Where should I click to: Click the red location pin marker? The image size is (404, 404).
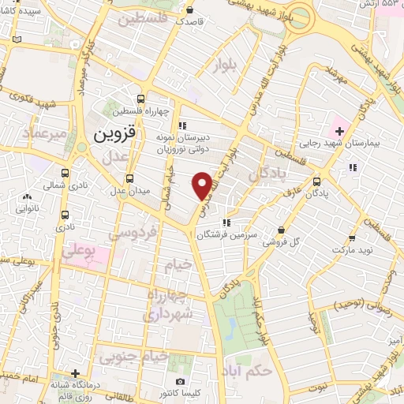(202, 185)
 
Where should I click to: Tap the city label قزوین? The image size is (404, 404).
(115, 133)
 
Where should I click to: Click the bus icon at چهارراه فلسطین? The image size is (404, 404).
(140, 99)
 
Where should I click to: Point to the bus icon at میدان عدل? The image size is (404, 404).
(129, 177)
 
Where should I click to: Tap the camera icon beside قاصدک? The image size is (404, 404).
(192, 11)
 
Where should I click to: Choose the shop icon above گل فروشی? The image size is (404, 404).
(282, 230)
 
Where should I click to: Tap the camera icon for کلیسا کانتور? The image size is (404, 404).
(181, 382)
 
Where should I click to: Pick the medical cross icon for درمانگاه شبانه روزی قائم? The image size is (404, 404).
(75, 373)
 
